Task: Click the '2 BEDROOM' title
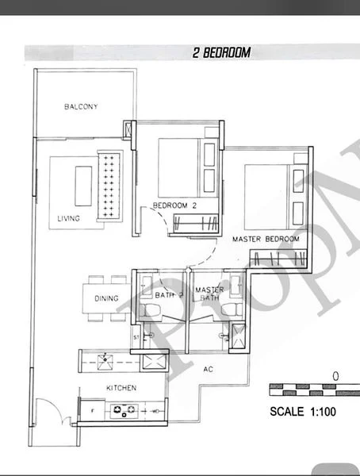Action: pos(221,53)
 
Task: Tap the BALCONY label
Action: pos(80,107)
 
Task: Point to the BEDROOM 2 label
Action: pos(174,205)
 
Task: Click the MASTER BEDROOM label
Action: pos(265,239)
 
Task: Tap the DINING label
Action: pos(106,298)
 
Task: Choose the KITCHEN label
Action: pos(122,388)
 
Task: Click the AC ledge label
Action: pos(209,369)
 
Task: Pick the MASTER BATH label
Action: pos(209,294)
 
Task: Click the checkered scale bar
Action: pos(314,390)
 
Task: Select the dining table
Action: pos(106,298)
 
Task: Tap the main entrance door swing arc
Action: pos(48,413)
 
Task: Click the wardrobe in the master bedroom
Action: pos(274,257)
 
